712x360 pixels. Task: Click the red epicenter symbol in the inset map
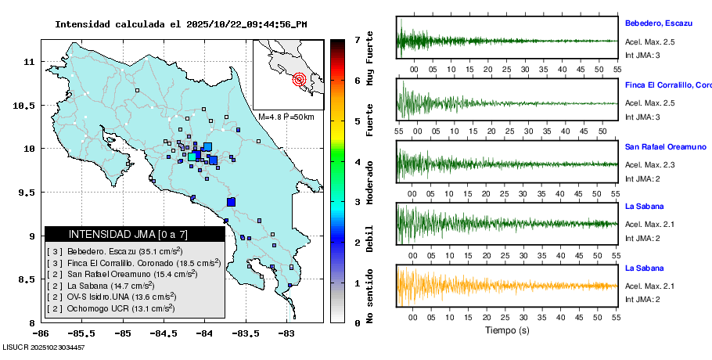[299, 79]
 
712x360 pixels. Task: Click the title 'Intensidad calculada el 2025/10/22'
[181, 24]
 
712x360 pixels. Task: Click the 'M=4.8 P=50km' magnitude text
[286, 117]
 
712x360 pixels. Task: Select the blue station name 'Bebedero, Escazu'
[658, 23]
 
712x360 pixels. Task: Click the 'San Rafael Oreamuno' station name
[665, 146]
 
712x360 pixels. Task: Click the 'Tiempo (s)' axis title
[507, 330]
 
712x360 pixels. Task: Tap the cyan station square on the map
[192, 157]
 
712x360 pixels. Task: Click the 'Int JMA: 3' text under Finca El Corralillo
[642, 117]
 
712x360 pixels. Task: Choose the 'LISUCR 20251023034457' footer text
[43, 347]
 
